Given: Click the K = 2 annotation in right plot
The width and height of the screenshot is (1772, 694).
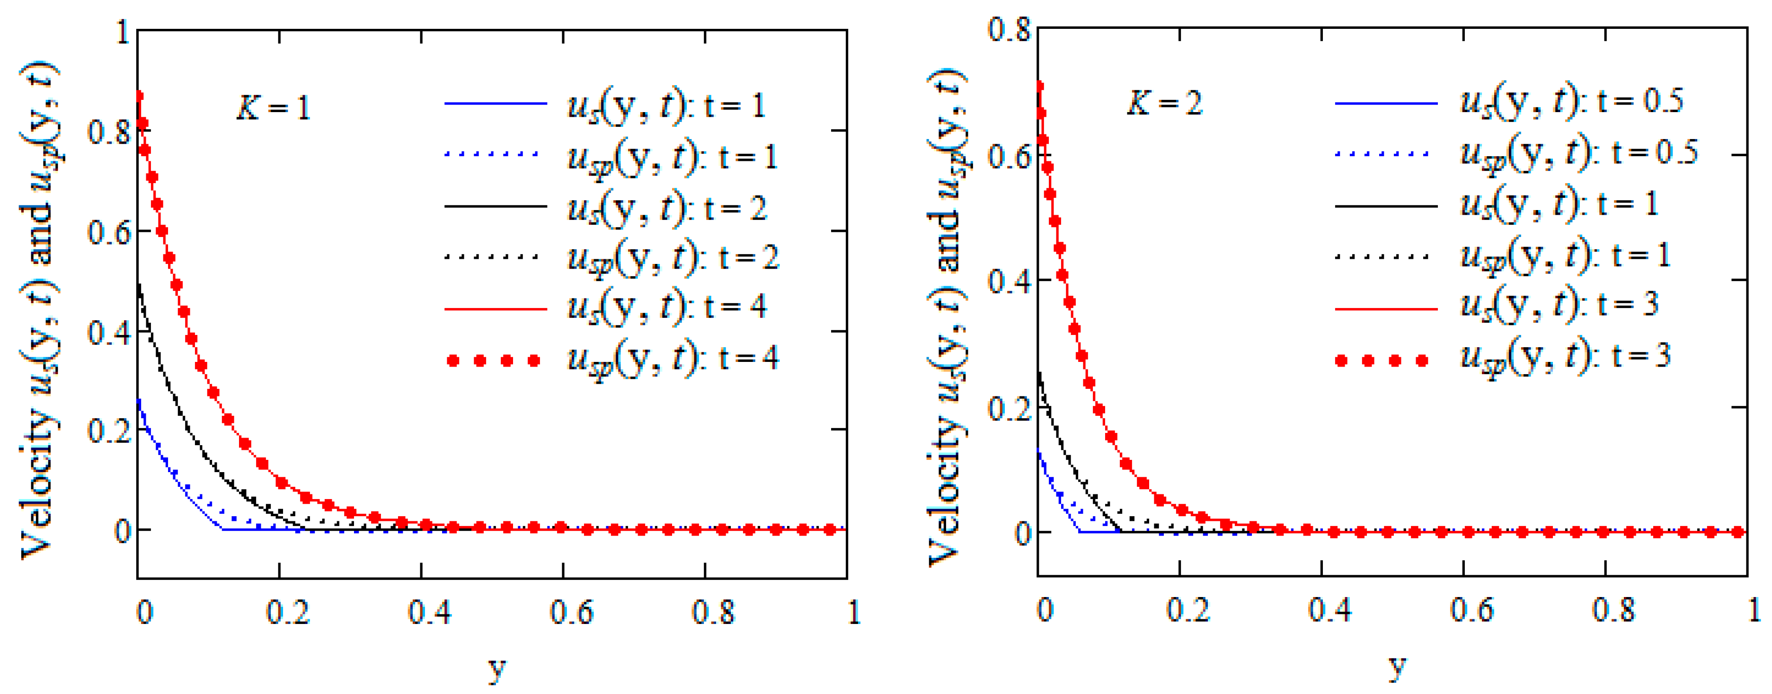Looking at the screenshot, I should [x=1164, y=103].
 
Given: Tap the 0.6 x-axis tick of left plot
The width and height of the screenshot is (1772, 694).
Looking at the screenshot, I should [x=571, y=612].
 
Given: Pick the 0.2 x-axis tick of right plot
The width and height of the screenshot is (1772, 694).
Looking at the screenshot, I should [x=1187, y=610].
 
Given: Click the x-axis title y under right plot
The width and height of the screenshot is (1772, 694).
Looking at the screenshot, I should [x=1396, y=666].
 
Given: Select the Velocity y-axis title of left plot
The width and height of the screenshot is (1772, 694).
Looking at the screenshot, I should [x=38, y=309].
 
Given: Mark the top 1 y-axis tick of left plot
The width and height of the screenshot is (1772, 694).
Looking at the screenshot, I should [x=123, y=32].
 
